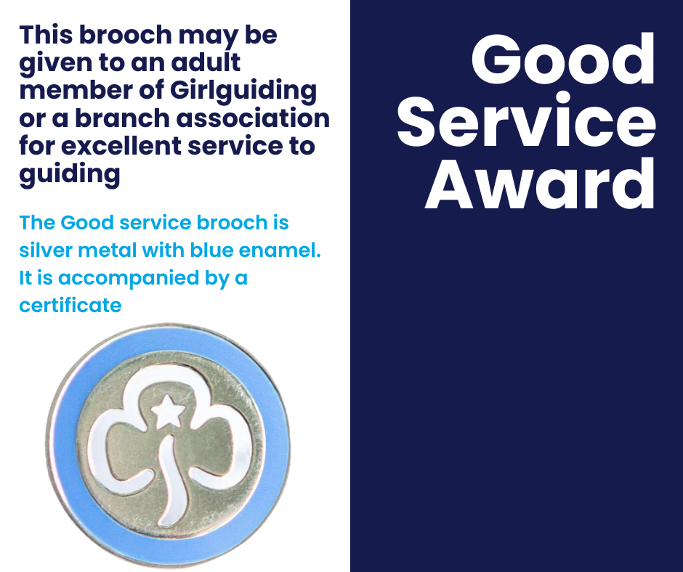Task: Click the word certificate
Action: click(x=70, y=306)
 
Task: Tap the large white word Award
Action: click(x=540, y=184)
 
